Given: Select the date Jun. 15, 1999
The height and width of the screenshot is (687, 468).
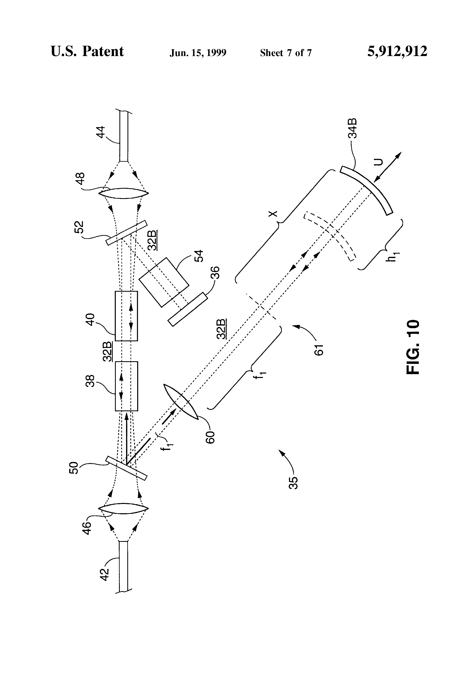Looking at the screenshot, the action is point(198,53).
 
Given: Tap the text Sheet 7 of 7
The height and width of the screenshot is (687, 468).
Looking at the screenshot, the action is point(286,53).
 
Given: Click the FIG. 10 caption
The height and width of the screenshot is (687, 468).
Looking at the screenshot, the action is point(413,347).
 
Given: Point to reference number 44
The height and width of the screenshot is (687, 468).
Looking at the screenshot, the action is point(101,132).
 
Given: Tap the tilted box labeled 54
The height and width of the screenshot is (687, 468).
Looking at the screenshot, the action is point(164,282).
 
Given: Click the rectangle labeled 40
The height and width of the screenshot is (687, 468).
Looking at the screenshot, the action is point(126,316).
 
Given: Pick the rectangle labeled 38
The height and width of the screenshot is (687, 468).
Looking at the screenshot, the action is point(126,386).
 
